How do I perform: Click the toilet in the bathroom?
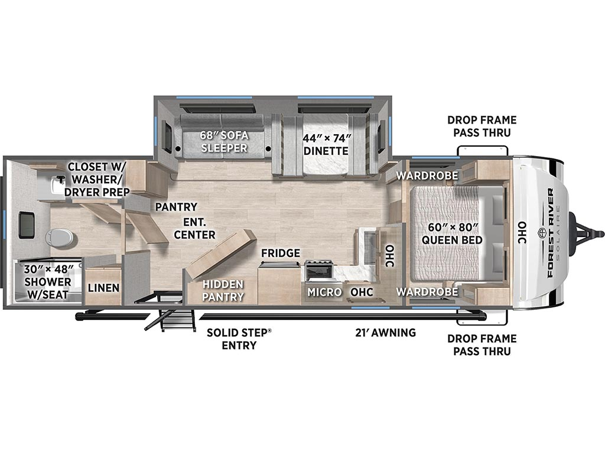59,237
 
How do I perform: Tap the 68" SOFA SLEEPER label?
224,142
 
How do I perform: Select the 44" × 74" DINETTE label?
326,144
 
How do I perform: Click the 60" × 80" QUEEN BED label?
452,234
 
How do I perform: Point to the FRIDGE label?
281,253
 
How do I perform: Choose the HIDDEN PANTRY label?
223,290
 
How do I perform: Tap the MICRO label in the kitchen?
324,292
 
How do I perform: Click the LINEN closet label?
103,288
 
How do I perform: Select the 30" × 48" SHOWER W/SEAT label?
47,282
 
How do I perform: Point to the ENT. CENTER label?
194,228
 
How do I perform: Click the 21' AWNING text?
385,332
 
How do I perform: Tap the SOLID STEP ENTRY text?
239,339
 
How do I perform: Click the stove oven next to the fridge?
318,271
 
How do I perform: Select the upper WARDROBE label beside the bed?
427,175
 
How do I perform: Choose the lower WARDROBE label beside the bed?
427,291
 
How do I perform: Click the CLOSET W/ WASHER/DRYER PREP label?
97,179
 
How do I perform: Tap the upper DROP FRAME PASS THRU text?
482,127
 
